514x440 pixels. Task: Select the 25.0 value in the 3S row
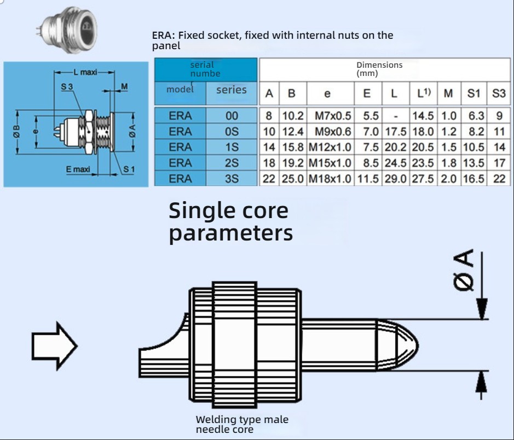292,179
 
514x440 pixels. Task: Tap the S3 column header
498,93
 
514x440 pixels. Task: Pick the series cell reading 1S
232,147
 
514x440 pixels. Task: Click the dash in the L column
395,116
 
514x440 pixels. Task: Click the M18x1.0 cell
330,179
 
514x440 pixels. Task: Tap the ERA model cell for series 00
180,116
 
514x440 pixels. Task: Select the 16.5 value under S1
474,179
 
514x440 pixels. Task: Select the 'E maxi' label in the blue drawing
78,169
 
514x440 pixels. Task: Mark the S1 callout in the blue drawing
128,169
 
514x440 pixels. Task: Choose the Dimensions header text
379,65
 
